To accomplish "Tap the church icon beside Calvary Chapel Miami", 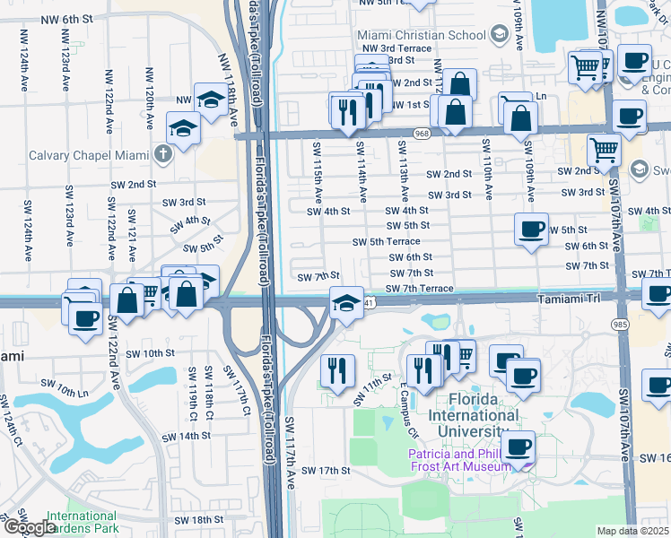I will point(162,154).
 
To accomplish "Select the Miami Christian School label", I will point(424,34).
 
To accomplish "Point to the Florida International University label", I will point(473,423).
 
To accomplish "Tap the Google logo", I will point(29,527).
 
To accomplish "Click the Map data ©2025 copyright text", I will point(633,531).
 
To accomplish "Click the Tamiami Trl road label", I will point(570,302).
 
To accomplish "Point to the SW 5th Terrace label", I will point(386,242).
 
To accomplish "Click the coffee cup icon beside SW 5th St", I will point(532,230).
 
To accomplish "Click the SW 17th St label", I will point(325,470).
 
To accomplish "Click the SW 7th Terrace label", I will point(419,288).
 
